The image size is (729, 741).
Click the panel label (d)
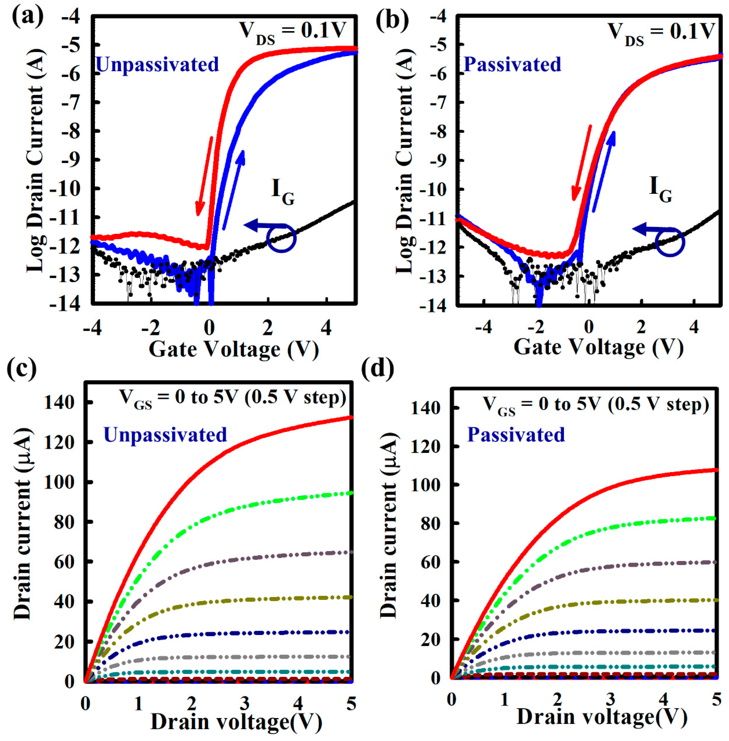pyautogui.click(x=377, y=369)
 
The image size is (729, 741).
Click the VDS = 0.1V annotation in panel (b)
pyautogui.click(x=661, y=32)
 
